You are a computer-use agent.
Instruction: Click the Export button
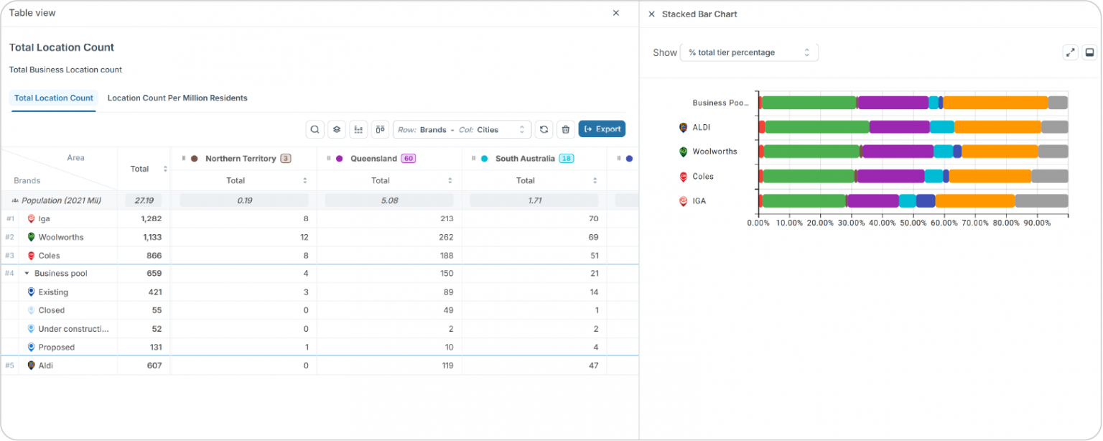click(x=602, y=129)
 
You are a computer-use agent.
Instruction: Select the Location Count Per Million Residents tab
click(x=177, y=98)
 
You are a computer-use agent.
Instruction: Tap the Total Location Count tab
click(x=54, y=98)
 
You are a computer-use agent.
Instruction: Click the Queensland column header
click(x=373, y=159)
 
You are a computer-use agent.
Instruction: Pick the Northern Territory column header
click(x=241, y=159)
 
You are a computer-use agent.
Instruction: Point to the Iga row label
click(x=44, y=218)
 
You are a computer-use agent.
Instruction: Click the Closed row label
click(x=52, y=310)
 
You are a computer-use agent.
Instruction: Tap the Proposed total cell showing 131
click(x=153, y=347)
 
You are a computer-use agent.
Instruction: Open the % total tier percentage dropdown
click(x=749, y=52)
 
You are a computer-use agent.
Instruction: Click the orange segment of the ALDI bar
click(x=997, y=127)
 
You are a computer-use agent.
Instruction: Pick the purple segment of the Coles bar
click(x=890, y=176)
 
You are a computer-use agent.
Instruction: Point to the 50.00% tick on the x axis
click(x=914, y=223)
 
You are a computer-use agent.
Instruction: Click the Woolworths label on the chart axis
click(x=715, y=152)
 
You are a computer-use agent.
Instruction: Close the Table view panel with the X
click(x=616, y=13)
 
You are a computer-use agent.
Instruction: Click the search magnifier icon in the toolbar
click(x=315, y=129)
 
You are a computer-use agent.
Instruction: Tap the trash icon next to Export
click(x=566, y=129)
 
